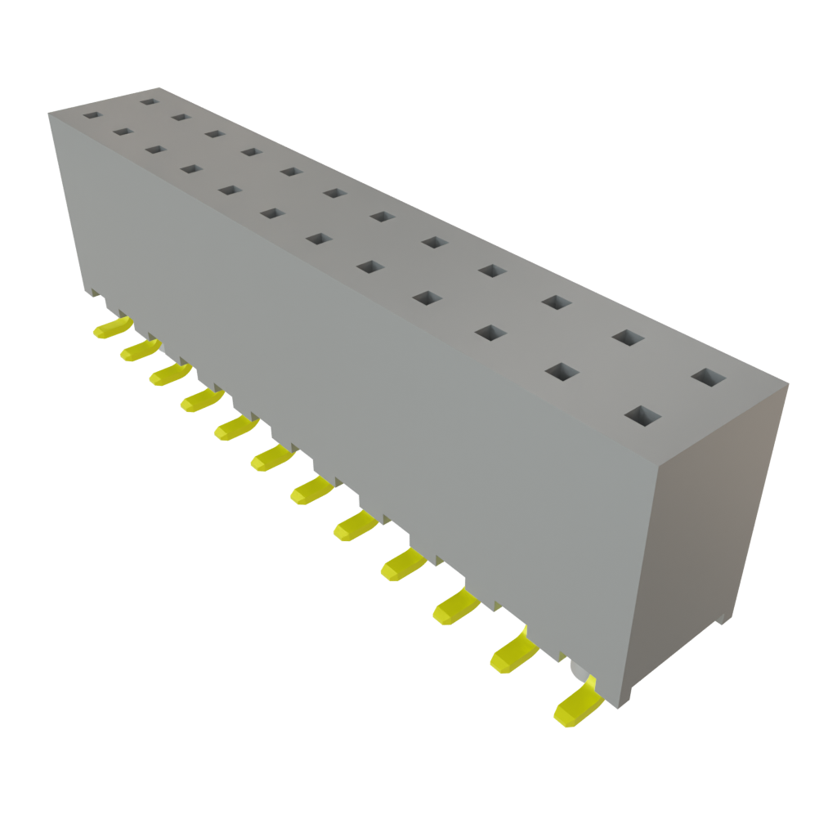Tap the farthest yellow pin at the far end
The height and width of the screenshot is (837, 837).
coord(111,329)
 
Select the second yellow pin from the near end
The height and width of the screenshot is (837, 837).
coord(514,653)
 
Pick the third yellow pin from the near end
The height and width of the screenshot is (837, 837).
coord(455,606)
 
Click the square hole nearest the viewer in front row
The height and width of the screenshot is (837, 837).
coord(642,416)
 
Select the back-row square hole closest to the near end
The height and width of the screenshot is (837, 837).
coord(708,378)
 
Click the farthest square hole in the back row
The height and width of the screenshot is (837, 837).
coord(148,102)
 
